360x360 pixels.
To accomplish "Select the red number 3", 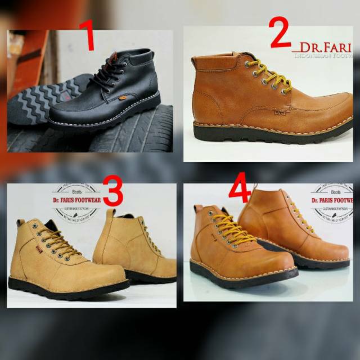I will click(x=113, y=192).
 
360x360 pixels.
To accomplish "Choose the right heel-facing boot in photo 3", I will click(x=135, y=247).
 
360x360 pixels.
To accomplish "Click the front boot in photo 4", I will click(x=236, y=247).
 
